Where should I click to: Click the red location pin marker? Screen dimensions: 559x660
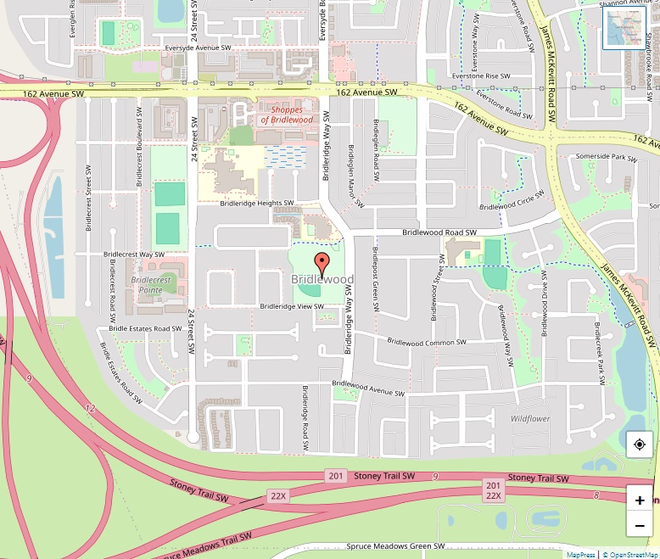(322, 261)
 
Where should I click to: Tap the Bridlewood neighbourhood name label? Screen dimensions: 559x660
(322, 279)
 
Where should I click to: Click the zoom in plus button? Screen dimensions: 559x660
(640, 500)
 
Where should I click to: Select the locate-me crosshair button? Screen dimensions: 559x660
(640, 444)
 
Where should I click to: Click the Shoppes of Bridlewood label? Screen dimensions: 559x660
(287, 115)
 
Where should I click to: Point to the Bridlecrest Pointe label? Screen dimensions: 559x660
(151, 284)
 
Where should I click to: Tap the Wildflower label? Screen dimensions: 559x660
(530, 419)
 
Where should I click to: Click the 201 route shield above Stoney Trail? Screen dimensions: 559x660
(336, 476)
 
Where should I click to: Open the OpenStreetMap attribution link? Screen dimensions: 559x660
(629, 554)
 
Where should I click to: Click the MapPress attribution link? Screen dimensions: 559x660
(581, 554)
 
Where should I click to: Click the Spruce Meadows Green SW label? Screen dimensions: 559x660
(395, 546)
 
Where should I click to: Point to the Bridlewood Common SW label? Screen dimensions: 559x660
(427, 343)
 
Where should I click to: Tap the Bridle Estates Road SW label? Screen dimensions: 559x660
(145, 328)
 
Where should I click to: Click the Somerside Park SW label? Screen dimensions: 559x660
(606, 158)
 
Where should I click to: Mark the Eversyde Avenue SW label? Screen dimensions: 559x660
(199, 48)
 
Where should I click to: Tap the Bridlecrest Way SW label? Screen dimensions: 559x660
(134, 254)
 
